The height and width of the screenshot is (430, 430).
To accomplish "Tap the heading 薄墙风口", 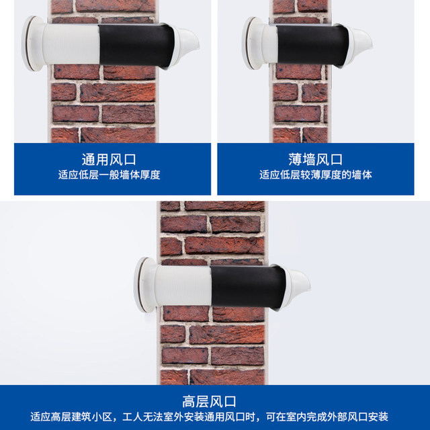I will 316,160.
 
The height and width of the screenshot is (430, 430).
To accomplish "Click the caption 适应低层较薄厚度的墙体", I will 316,175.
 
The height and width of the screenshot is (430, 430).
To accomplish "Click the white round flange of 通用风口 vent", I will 31,44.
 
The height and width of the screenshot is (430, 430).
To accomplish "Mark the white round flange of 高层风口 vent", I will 143,284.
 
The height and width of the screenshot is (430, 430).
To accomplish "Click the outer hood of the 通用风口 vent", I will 189,46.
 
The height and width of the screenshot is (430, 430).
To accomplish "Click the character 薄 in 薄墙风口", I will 296,160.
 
